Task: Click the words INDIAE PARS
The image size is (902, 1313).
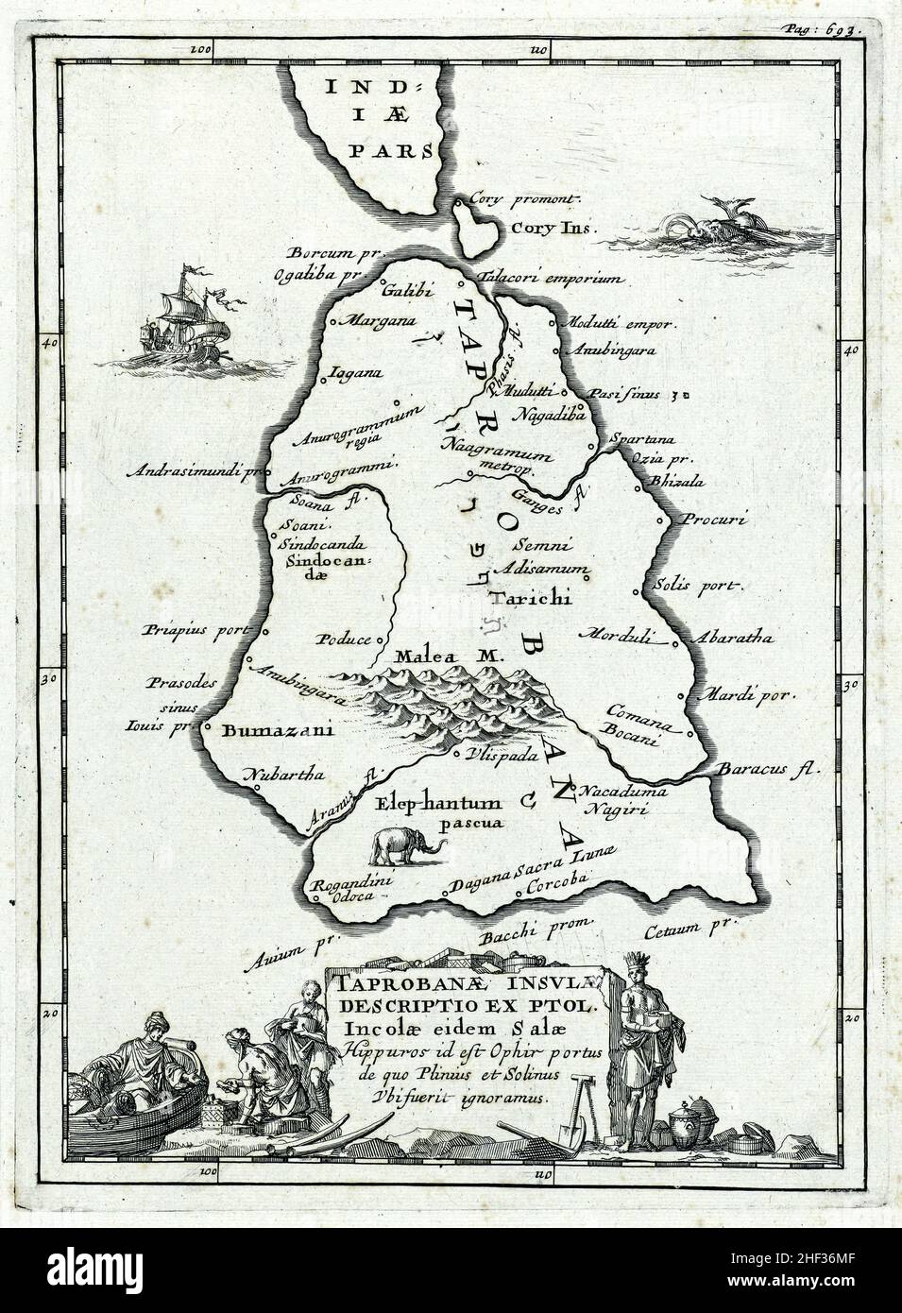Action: tap(376, 118)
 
